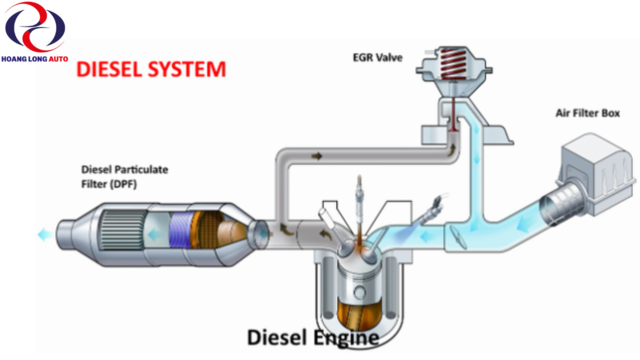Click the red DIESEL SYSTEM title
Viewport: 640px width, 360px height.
tap(151, 69)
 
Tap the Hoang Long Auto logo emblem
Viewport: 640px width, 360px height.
tap(35, 27)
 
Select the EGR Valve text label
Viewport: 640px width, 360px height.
tap(378, 58)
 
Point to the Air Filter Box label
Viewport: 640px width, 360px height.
tap(587, 113)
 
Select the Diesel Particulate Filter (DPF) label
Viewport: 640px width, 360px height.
tap(124, 177)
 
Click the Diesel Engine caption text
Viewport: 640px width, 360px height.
tap(313, 338)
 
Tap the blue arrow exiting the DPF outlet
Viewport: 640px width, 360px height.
tap(44, 235)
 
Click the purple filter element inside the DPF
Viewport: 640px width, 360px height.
tap(180, 231)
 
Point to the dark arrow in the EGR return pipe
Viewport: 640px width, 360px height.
tap(316, 156)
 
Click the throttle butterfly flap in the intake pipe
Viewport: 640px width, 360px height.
tap(458, 238)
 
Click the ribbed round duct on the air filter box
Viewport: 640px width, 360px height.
tap(560, 205)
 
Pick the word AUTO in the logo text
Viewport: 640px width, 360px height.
tap(58, 59)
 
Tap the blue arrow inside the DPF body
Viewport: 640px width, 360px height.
tap(154, 235)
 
